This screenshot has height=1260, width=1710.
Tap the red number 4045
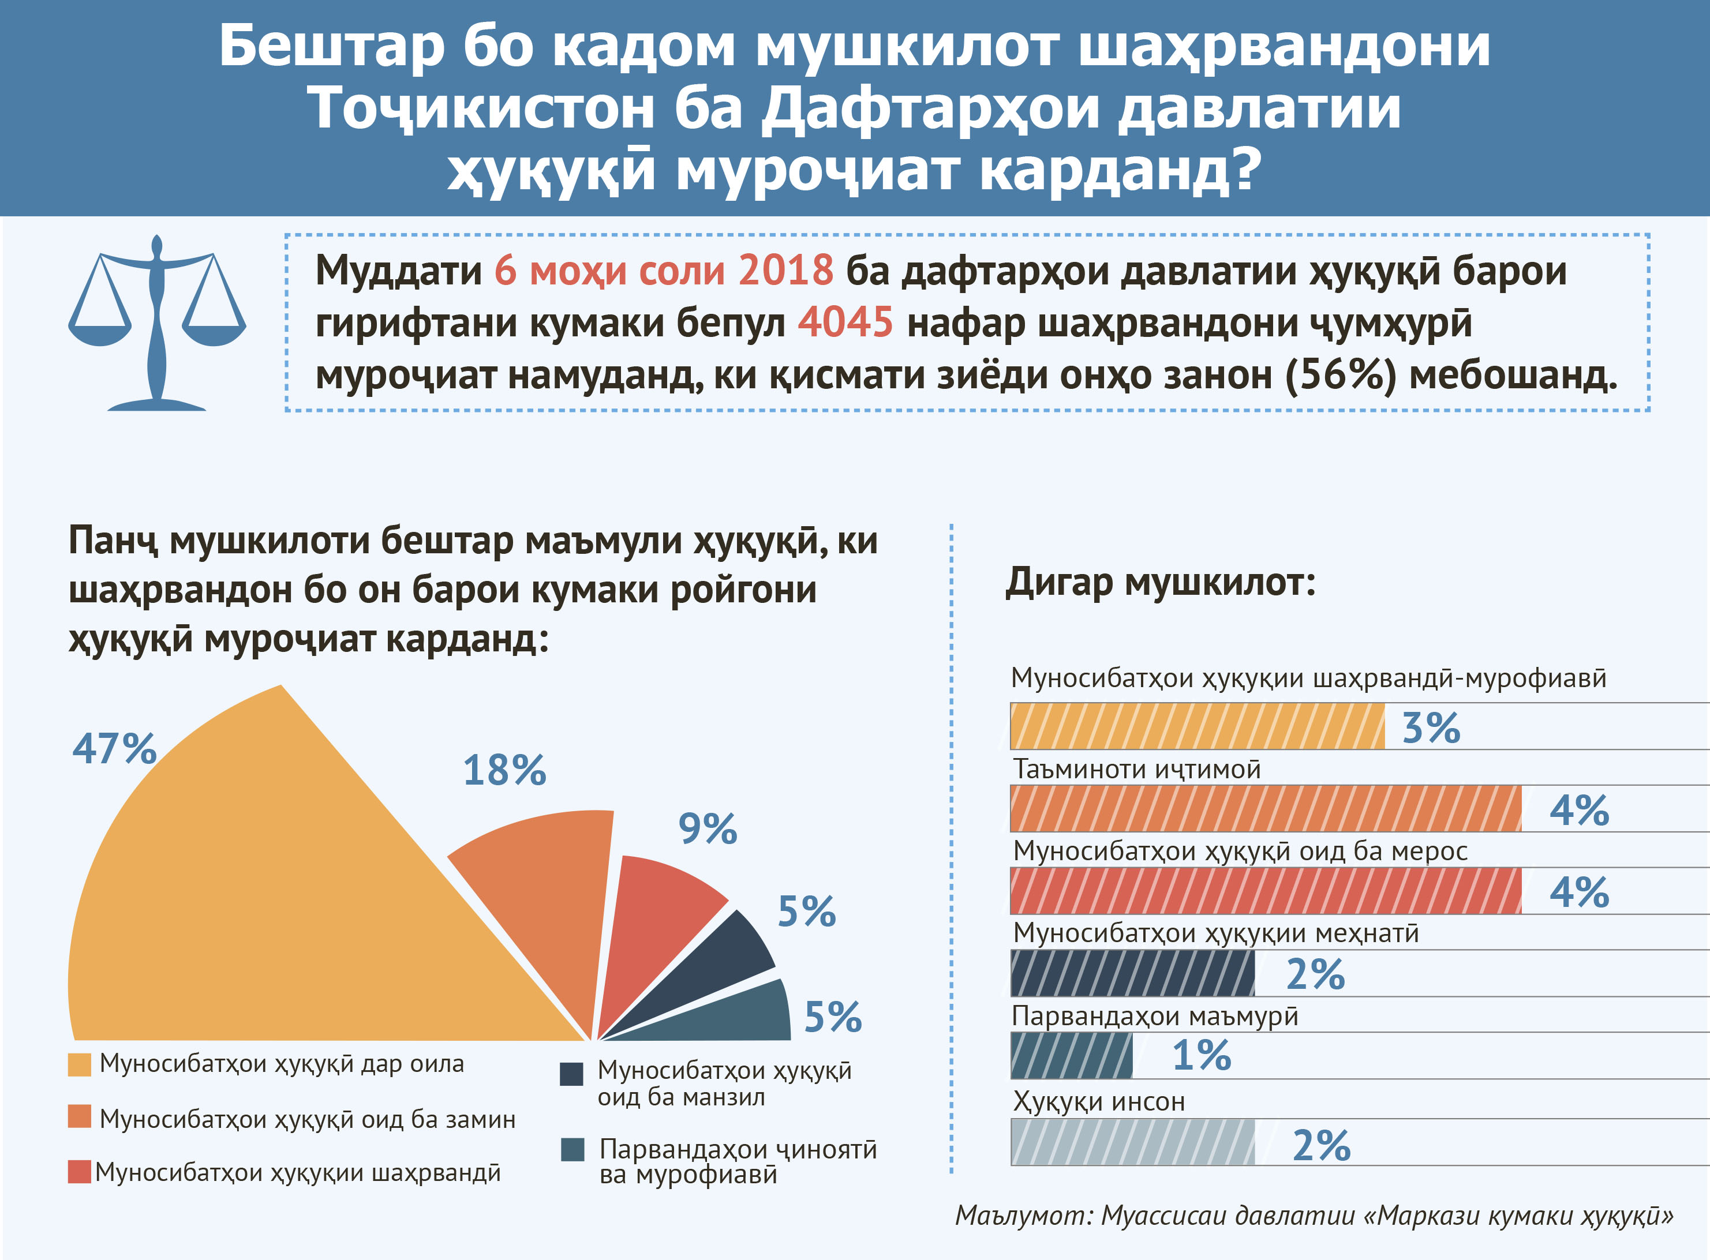coord(845,322)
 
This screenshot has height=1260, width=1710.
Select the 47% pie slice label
coord(114,748)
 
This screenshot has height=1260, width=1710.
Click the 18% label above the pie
coord(504,770)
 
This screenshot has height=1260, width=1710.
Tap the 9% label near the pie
coord(708,829)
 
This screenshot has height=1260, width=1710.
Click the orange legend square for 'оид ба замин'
coord(80,1116)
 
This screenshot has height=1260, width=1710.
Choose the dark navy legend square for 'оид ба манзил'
coord(571,1074)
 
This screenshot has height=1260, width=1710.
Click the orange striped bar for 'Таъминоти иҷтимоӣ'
coord(1265,808)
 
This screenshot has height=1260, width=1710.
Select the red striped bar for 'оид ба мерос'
coord(1265,891)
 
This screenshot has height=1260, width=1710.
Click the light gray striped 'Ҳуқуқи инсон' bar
coord(1132,1142)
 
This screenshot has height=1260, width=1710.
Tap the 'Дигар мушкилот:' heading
coord(1160,583)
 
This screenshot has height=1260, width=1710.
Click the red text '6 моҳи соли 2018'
coord(663,270)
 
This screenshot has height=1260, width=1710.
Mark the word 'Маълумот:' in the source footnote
coord(1023,1216)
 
